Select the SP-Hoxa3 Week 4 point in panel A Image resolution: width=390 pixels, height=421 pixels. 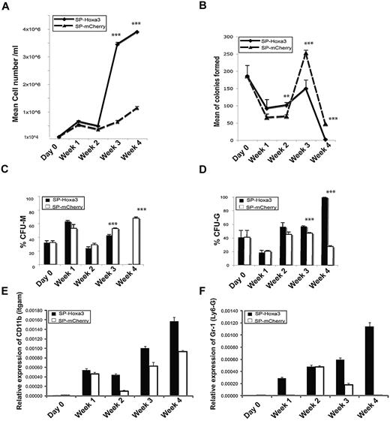[x=158, y=32]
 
